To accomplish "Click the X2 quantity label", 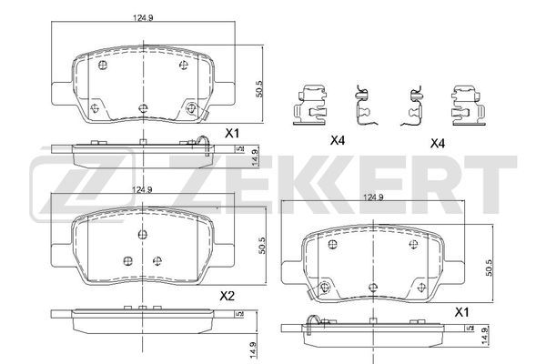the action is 227,297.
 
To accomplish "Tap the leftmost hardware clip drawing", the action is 310,105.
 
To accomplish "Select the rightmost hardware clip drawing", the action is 468,105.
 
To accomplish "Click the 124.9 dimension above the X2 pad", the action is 142,190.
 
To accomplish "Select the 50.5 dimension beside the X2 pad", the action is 262,246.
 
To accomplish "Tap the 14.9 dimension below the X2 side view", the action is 253,349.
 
